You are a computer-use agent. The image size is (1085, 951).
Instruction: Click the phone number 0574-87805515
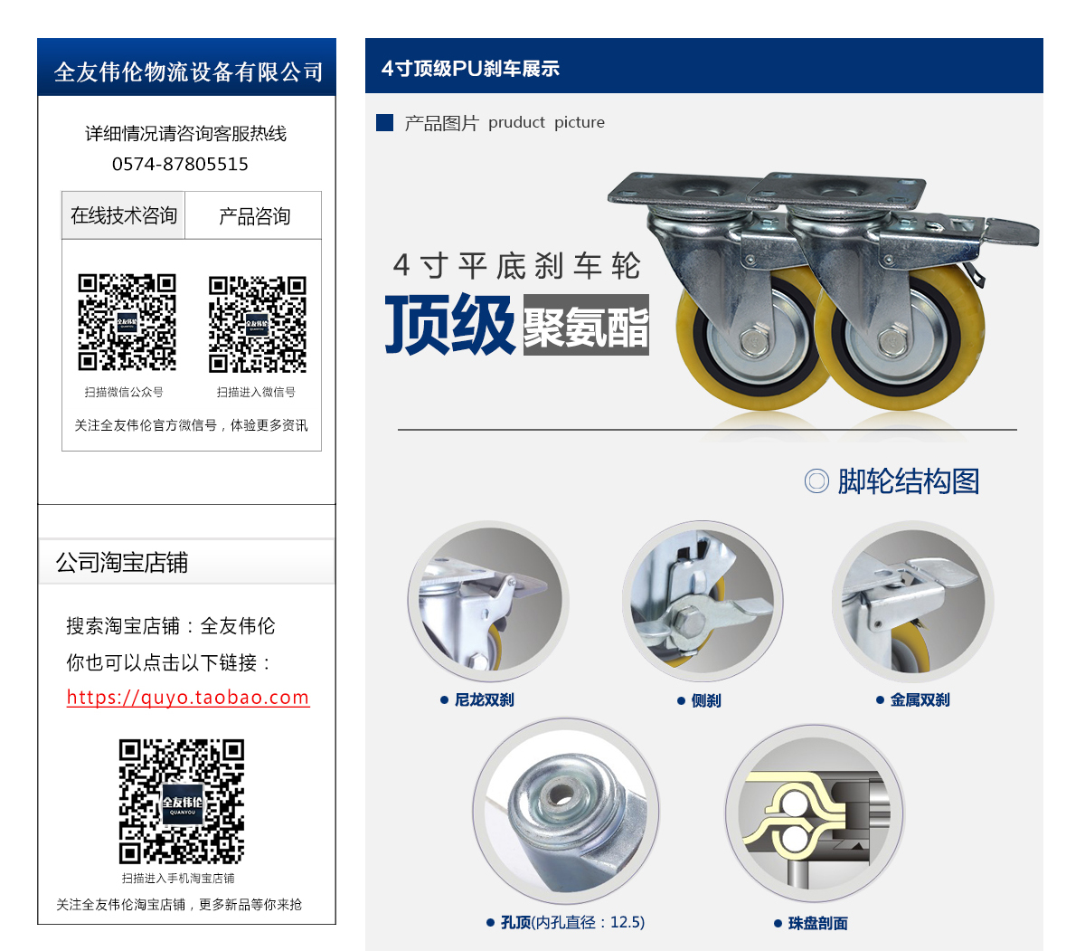[180, 164]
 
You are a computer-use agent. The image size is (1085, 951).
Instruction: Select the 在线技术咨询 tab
[123, 215]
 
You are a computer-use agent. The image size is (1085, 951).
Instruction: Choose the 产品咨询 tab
[254, 216]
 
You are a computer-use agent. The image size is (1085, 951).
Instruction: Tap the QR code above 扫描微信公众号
[127, 322]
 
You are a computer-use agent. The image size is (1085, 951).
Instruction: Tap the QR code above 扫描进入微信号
[257, 324]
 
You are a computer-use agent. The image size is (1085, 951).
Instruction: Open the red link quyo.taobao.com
[188, 697]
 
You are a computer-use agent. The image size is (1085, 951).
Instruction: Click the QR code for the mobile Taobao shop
[182, 801]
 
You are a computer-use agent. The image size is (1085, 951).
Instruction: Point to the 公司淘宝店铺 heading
[121, 562]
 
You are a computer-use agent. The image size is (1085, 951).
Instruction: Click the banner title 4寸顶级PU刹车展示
[470, 69]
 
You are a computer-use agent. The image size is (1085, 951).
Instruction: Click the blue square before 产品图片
[384, 122]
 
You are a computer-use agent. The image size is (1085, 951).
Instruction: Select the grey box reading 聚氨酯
[586, 325]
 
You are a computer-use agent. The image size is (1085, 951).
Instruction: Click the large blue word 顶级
[449, 324]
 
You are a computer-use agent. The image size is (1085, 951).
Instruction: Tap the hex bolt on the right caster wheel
[891, 341]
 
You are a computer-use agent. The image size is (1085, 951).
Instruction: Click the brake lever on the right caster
[1013, 232]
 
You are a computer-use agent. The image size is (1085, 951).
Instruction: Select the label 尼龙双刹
[484, 700]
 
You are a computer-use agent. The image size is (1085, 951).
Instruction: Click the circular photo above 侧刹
[703, 600]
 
